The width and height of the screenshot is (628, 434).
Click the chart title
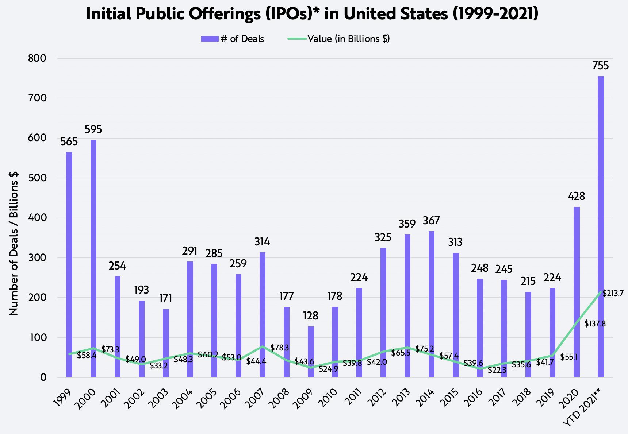(312, 14)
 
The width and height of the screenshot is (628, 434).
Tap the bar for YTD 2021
(601, 226)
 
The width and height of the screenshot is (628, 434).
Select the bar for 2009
(311, 352)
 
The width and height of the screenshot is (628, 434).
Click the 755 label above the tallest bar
(601, 66)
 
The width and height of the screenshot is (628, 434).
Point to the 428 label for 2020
(577, 196)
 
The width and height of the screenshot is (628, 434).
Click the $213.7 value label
(613, 293)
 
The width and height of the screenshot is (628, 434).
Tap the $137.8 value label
(595, 323)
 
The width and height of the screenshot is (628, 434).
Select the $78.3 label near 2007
(280, 348)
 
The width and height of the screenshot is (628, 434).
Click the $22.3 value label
(497, 370)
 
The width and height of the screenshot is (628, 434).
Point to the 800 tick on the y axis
(38, 58)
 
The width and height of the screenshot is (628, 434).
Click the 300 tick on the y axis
(38, 258)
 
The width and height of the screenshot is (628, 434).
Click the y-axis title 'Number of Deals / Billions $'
(14, 243)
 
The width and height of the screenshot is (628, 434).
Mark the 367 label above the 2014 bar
(431, 221)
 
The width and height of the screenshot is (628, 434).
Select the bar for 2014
(432, 304)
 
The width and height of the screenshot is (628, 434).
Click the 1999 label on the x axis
(63, 398)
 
